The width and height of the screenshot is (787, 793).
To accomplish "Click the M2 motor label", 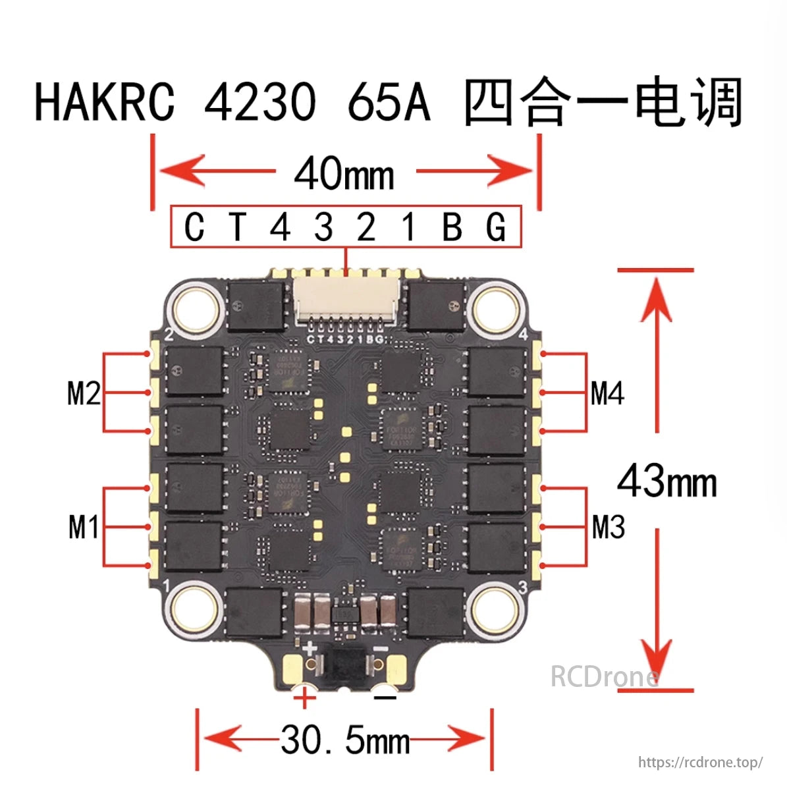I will (x=84, y=394).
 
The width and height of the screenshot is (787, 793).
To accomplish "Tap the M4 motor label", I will (x=607, y=393).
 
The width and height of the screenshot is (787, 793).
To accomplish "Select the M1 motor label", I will (x=84, y=527).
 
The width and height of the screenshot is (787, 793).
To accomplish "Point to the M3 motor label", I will (x=608, y=527).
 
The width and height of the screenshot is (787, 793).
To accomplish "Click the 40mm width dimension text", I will (x=344, y=175).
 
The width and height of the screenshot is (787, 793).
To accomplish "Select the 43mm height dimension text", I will (x=666, y=481).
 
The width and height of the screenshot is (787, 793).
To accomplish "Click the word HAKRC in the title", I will (x=105, y=102).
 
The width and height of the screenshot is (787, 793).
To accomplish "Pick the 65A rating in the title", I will (x=389, y=103).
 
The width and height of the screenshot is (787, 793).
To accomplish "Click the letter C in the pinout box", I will (x=194, y=227).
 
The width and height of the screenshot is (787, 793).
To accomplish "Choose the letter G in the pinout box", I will (x=495, y=227).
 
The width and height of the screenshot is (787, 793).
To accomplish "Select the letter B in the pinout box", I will (x=452, y=227).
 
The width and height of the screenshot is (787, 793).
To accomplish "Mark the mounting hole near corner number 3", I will (x=493, y=605).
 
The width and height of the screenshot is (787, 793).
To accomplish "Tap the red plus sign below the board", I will (x=305, y=697).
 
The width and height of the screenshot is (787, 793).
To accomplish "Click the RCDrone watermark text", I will (x=604, y=676).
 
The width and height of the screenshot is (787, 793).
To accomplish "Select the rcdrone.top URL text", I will (x=700, y=762).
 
